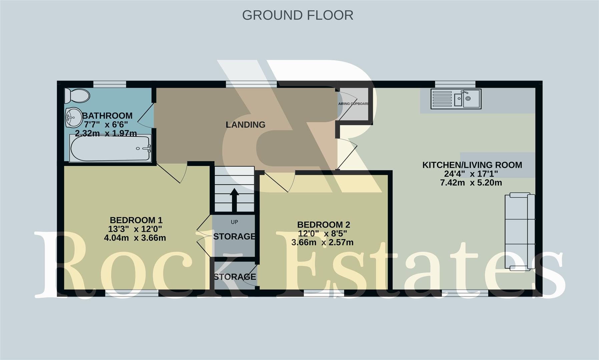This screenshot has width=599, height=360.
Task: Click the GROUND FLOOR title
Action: tap(297, 15)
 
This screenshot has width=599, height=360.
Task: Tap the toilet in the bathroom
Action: tap(77, 96)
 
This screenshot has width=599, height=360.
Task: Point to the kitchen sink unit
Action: tap(456, 99)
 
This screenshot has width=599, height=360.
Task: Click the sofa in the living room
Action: tap(520, 231)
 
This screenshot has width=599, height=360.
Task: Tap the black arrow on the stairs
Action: tap(234, 199)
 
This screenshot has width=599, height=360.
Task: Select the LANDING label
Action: tap(245, 125)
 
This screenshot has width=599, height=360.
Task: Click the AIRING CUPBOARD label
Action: tap(354, 104)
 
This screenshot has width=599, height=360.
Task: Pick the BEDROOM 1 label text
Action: tap(136, 220)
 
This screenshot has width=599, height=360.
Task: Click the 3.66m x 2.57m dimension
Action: tap(322, 242)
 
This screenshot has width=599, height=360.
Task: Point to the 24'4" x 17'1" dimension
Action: tap(471, 174)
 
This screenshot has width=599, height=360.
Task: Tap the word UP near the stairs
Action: tap(234, 222)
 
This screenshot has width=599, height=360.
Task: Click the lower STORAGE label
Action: tap(235, 277)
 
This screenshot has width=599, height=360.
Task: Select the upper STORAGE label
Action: tap(234, 236)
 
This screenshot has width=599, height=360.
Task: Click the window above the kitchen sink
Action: tap(455, 84)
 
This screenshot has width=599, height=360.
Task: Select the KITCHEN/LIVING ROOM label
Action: tap(472, 165)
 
